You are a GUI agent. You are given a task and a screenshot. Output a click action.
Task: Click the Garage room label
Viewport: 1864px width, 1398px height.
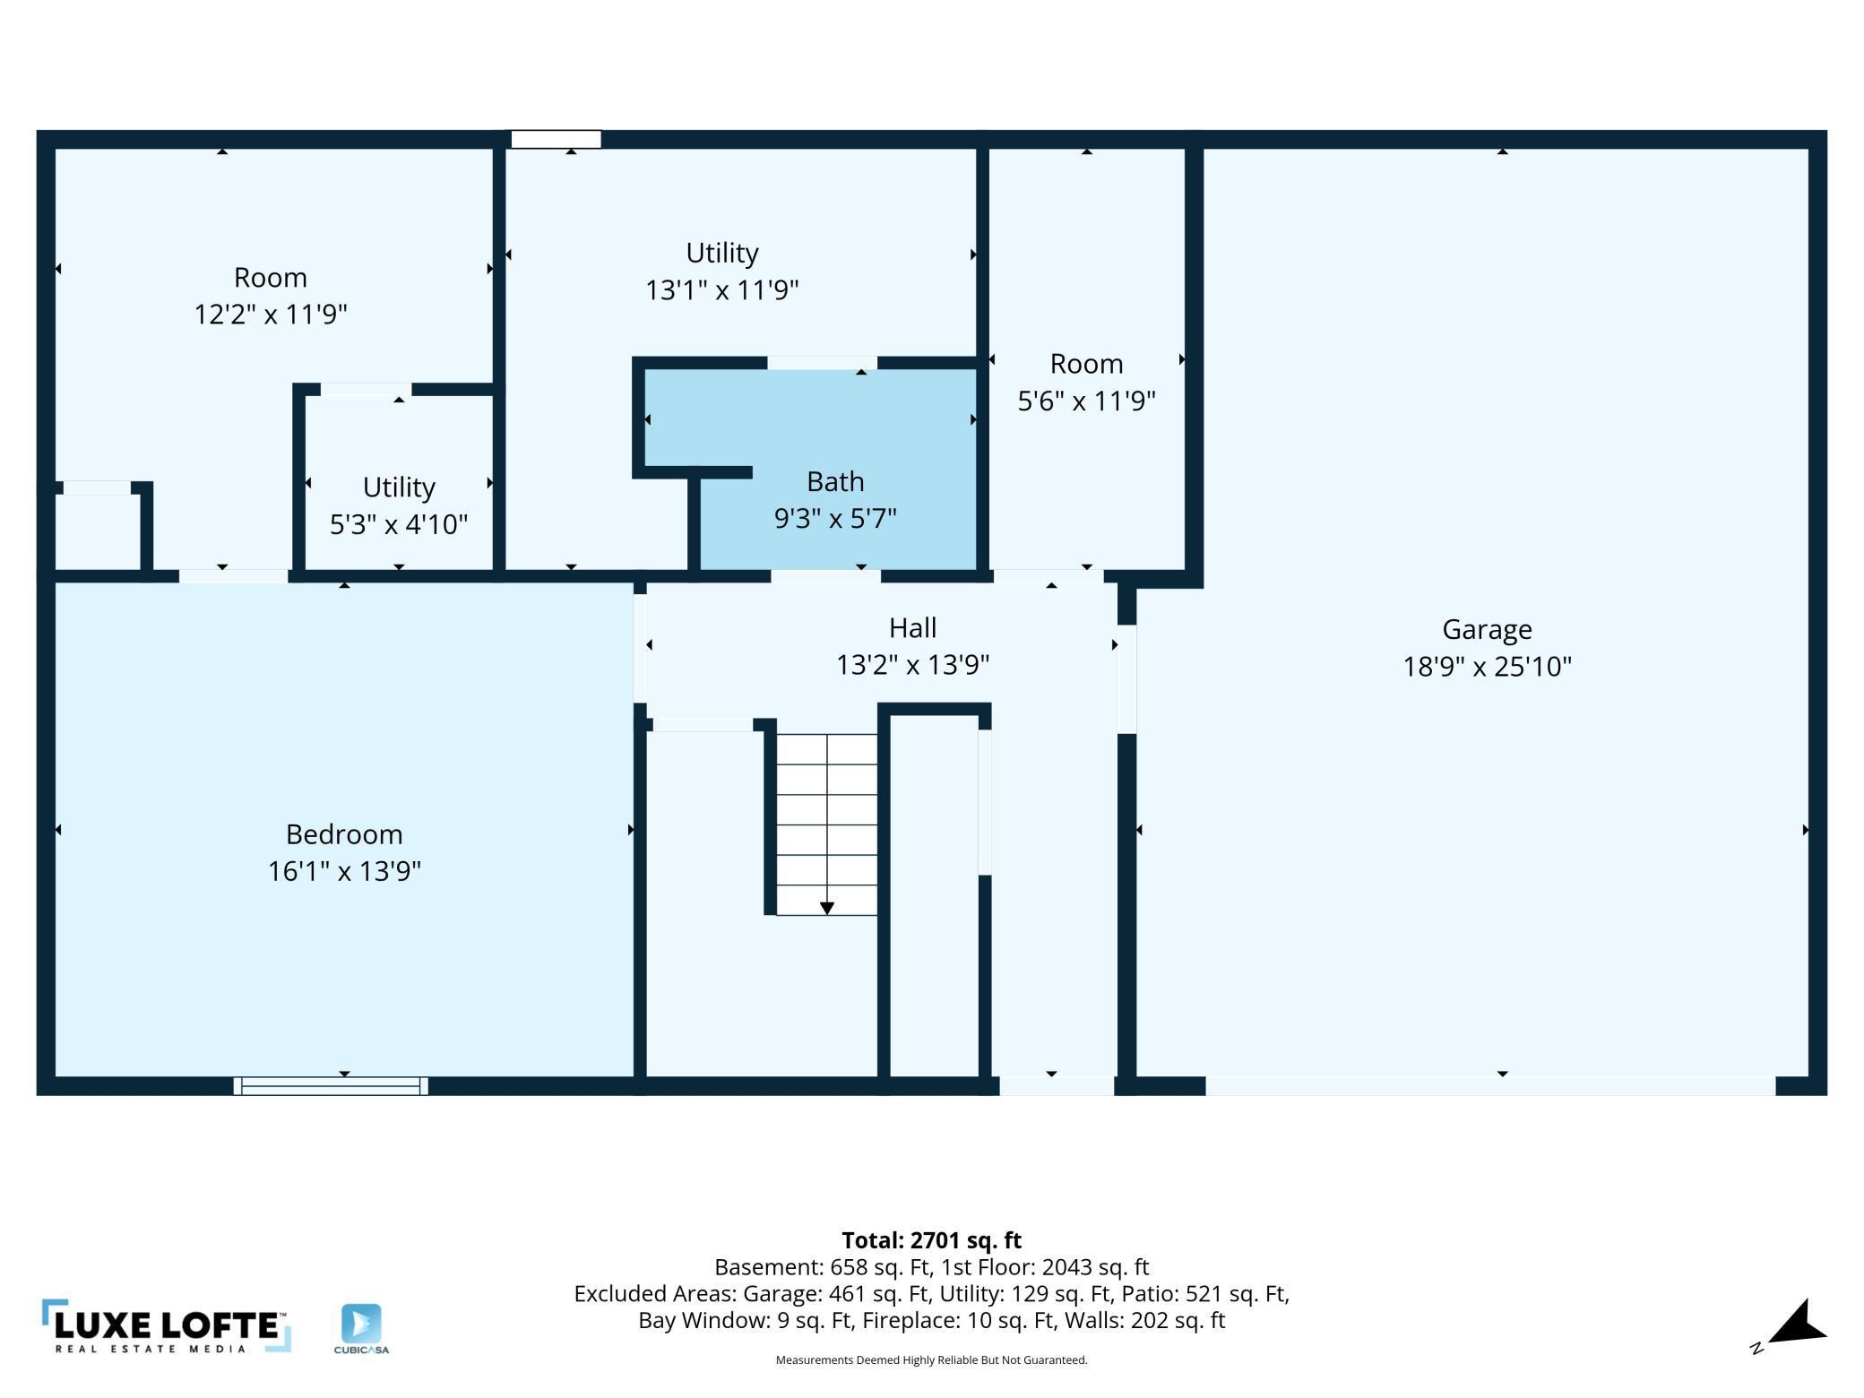[x=1487, y=629]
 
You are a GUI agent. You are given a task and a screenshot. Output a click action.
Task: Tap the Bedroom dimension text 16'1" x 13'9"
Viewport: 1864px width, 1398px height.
[x=344, y=871]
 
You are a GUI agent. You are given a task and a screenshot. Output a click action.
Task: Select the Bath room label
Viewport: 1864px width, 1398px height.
[x=835, y=481]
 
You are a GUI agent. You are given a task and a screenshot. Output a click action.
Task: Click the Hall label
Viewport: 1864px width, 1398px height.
[x=912, y=627]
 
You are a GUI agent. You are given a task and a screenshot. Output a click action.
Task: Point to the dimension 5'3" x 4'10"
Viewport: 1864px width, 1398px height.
[x=399, y=523]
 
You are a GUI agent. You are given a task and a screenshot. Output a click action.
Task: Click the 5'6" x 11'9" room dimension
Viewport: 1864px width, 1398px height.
[x=1086, y=401]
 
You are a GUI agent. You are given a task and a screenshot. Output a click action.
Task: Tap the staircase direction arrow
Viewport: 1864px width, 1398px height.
[x=826, y=908]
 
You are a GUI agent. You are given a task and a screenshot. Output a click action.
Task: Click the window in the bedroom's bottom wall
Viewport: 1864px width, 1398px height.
[x=331, y=1086]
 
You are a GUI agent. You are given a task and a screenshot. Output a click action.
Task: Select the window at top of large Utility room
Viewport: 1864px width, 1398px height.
[x=556, y=139]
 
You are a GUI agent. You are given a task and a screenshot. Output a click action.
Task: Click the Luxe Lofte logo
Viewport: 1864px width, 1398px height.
[x=167, y=1325]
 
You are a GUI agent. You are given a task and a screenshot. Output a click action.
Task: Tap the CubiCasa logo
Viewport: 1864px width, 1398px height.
[x=361, y=1328]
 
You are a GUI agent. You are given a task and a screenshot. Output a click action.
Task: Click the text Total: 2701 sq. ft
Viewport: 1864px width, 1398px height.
[x=931, y=1240]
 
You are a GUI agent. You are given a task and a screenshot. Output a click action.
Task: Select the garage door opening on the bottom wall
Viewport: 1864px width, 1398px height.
[x=1489, y=1086]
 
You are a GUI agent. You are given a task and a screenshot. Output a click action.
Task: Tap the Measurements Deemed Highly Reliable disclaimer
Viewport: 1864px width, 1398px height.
[x=931, y=1360]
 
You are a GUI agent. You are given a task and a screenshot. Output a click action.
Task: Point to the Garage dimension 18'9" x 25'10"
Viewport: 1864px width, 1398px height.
[x=1487, y=667]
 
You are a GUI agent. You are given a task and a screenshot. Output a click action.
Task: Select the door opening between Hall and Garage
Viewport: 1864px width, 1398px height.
[x=1126, y=679]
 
